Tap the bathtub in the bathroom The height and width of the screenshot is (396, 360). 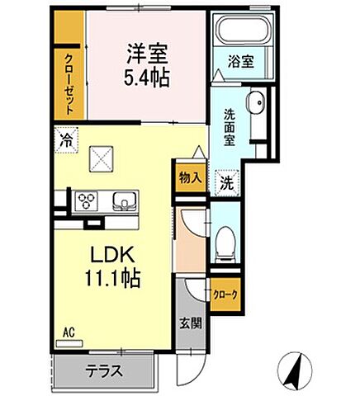(x=235, y=32)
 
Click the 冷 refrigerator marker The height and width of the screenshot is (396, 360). (x=64, y=139)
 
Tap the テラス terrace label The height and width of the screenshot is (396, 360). (x=106, y=371)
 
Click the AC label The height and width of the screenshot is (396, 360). (x=69, y=332)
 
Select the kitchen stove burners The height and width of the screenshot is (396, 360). (x=86, y=200)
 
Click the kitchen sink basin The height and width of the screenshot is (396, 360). (x=121, y=200)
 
